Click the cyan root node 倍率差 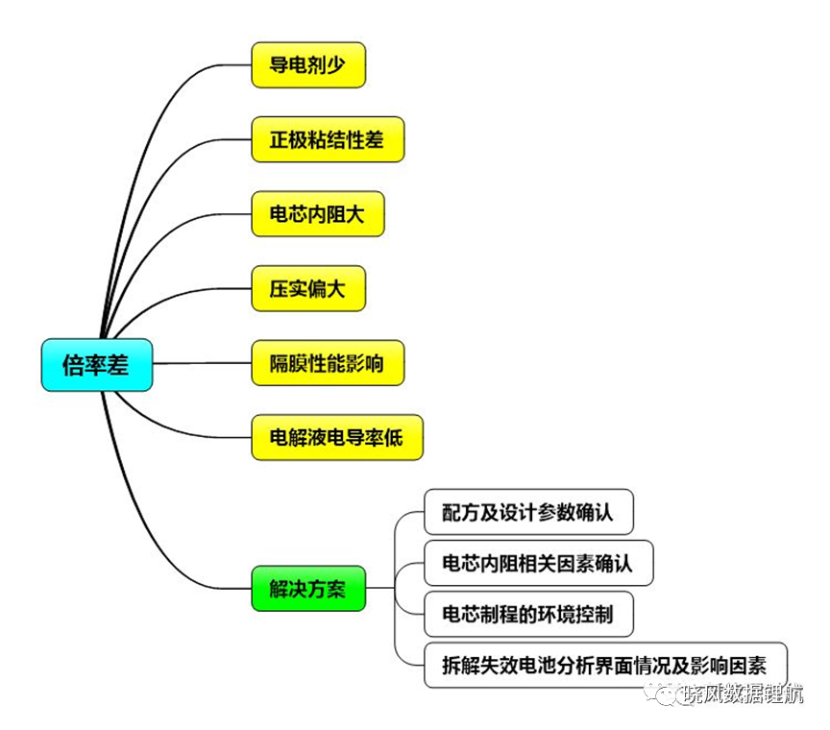click(x=97, y=365)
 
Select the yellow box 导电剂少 click(x=308, y=65)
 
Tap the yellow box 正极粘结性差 click(x=328, y=139)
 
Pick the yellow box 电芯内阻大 click(x=318, y=214)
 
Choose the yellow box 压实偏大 click(x=308, y=288)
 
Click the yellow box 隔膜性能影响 click(x=328, y=363)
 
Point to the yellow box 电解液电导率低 click(x=337, y=437)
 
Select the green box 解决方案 click(x=308, y=589)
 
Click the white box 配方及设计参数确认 click(x=528, y=512)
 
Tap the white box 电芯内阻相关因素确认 click(x=538, y=563)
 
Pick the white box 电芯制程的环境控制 click(x=528, y=614)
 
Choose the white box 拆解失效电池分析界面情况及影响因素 click(x=605, y=665)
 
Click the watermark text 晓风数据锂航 click(x=744, y=693)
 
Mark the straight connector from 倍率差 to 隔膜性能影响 click(x=202, y=363)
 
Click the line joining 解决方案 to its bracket click(x=380, y=588)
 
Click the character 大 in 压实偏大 click(x=335, y=289)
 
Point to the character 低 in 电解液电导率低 click(x=393, y=438)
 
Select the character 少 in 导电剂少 click(x=335, y=65)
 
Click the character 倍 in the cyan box click(x=73, y=365)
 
